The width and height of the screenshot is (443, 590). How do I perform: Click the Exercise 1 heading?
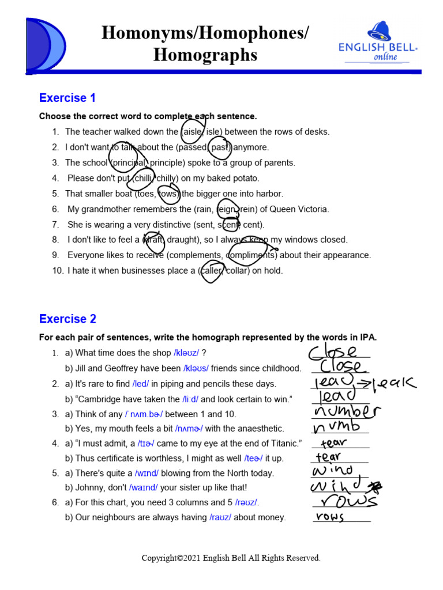pos(67,98)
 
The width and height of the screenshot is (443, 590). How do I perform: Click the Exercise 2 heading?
pos(67,319)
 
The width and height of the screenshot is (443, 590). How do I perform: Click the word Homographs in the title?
pos(205,55)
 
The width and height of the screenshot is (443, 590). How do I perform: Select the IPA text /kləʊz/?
pos(186,353)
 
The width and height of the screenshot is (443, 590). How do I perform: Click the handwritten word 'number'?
pos(346,412)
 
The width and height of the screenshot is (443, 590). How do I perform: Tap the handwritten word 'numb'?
pos(336,427)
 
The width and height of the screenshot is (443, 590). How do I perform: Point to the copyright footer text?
pos(231,558)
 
